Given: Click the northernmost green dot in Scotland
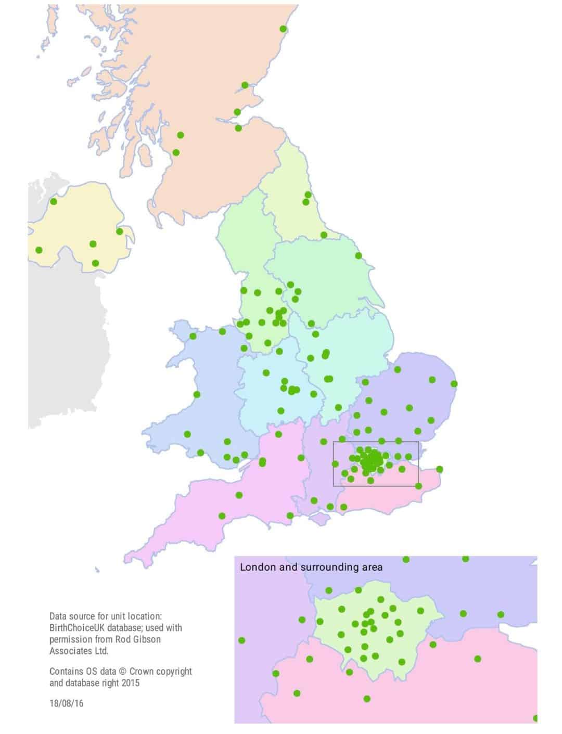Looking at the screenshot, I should coord(283,29).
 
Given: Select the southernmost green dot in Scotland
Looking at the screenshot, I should coord(176,152).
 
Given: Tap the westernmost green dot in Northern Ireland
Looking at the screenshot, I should coord(39,250).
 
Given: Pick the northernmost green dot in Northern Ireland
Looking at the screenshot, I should coord(53,201).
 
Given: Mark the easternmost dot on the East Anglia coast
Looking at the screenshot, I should coord(454,384).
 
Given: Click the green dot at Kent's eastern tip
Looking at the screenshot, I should coord(439,469).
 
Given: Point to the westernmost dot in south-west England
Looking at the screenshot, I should coord(222,516).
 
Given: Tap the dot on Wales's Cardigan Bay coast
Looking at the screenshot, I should coord(197,394).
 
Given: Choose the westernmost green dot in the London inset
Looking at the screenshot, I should coord(241,640).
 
